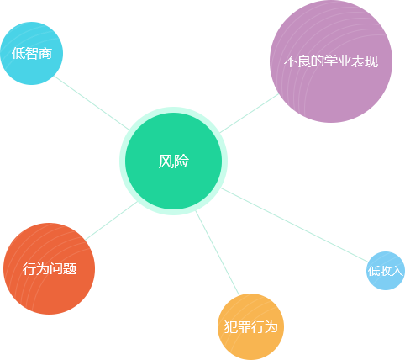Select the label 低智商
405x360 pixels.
coord(32,53)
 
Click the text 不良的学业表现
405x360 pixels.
coord(331,61)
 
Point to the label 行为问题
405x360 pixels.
coord(50,268)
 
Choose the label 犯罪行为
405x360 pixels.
coord(250,327)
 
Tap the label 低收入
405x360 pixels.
coord(386,271)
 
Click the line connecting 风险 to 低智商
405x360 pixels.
coord(92,103)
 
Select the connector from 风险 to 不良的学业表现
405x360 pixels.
coord(250,114)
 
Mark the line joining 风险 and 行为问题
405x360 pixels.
coord(112,220)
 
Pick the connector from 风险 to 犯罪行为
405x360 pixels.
coord(218,253)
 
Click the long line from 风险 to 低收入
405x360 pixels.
coord(295,225)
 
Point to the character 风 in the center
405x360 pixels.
coord(166,161)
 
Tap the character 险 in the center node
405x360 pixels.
coord(181,161)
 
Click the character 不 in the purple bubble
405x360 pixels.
coord(290,61)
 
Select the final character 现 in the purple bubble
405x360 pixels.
coord(371,61)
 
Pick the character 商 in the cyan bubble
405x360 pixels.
coord(45,53)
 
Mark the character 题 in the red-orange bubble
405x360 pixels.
coord(70,268)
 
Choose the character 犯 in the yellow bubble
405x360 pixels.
coord(230,327)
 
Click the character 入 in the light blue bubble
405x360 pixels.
coord(397,271)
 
